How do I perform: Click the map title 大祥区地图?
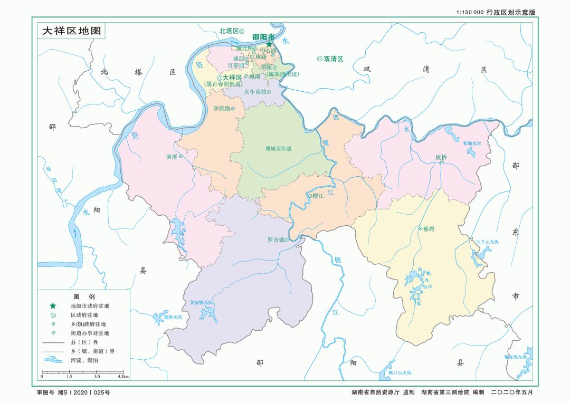71,30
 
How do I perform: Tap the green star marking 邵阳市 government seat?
269,44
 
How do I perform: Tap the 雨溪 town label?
172,157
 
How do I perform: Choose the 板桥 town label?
441,157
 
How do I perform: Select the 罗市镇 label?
276,239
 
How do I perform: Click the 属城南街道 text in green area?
278,149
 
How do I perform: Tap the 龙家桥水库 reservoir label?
201,303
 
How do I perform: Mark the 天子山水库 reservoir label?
487,241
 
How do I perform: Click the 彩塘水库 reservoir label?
472,143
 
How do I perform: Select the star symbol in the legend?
53,305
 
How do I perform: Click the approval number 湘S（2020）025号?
73,392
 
